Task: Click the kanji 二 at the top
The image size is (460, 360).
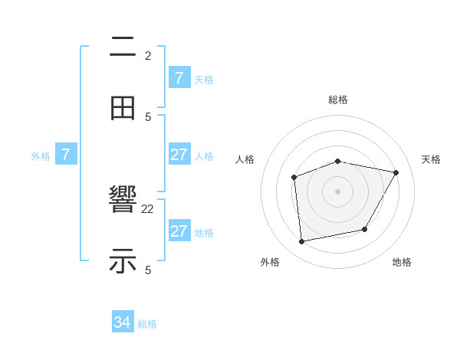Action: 123,47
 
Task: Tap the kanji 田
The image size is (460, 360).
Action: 123,108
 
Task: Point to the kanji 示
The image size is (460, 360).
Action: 123,261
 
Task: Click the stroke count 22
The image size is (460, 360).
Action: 148,209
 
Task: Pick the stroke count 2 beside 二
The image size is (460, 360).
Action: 148,56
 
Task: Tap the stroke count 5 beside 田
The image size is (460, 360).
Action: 148,116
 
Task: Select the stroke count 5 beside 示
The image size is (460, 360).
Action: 148,270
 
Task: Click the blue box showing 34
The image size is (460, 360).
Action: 123,322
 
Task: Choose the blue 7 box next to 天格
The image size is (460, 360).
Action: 179,78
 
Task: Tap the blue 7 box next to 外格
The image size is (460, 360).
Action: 66,155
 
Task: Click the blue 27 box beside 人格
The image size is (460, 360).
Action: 179,155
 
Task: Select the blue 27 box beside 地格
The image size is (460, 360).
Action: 179,231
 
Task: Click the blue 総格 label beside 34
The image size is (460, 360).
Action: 147,324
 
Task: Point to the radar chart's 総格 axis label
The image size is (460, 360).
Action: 338,100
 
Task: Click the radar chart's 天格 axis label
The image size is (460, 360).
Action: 431,159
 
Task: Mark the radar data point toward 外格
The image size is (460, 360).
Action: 302,242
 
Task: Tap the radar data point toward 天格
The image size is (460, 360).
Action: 396,173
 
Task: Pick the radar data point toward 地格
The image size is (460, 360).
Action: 365,229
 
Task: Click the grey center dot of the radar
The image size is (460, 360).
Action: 337,191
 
